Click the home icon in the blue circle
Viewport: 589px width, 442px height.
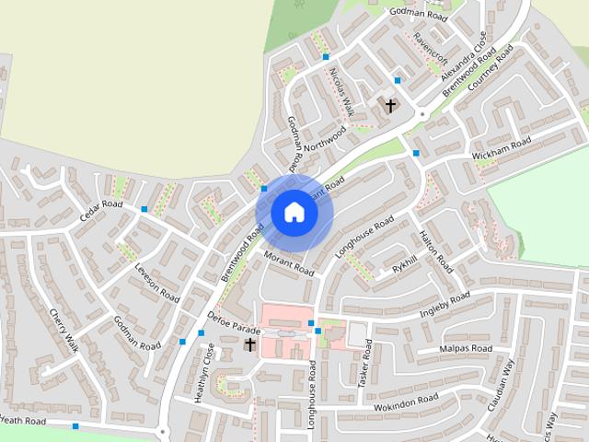pos(293,212)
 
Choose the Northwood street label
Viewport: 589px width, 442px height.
pos(326,136)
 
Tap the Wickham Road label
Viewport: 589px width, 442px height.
pos(502,148)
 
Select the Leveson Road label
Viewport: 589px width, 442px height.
pos(156,283)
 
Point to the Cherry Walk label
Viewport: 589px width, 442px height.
pos(64,331)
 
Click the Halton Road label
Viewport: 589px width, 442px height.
pos(436,250)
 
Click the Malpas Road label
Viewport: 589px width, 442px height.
pos(466,350)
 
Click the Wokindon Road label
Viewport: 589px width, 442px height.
pos(406,401)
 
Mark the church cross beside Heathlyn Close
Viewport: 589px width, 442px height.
pos(249,344)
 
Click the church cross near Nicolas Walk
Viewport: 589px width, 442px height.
pos(389,106)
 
